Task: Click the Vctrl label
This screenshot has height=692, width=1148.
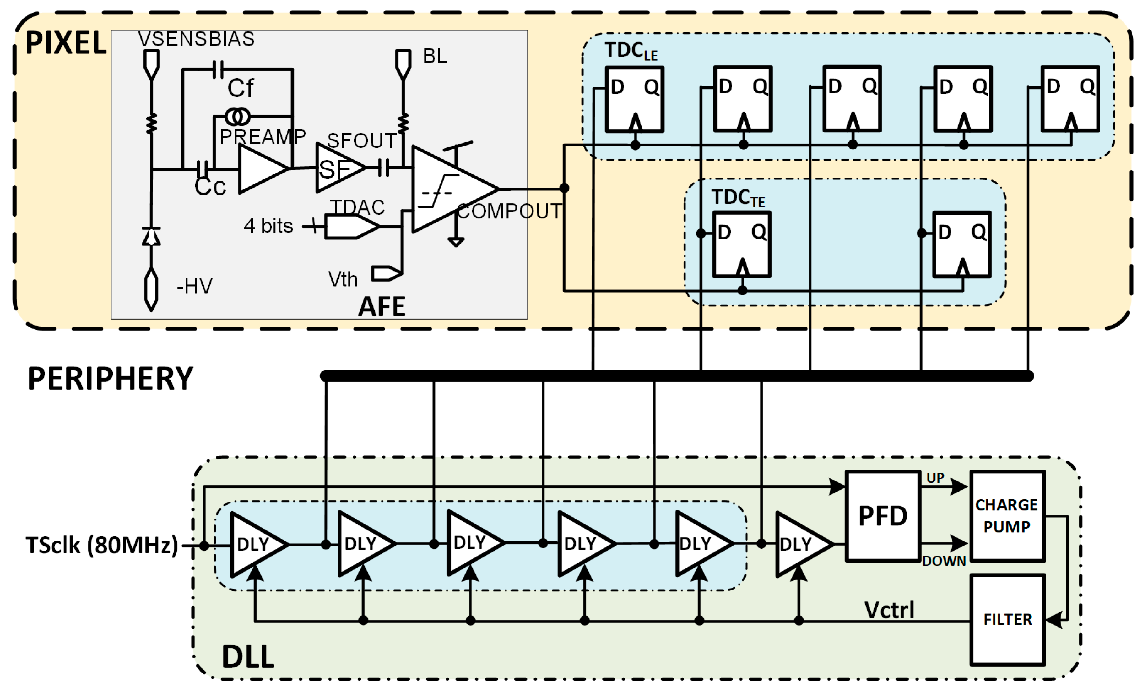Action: click(x=889, y=610)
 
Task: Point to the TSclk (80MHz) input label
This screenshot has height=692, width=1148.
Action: click(x=101, y=545)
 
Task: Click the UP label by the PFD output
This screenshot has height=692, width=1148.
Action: click(x=935, y=478)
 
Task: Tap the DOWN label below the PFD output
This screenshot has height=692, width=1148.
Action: click(x=944, y=561)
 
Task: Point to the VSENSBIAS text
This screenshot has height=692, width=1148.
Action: click(x=196, y=39)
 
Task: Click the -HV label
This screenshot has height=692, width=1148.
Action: click(x=194, y=286)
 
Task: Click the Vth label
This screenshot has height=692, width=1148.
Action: click(x=343, y=279)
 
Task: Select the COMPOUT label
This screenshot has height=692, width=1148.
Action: click(x=509, y=211)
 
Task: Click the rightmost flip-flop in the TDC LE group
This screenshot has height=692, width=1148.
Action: click(x=1070, y=99)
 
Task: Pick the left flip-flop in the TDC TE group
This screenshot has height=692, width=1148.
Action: click(x=742, y=244)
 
